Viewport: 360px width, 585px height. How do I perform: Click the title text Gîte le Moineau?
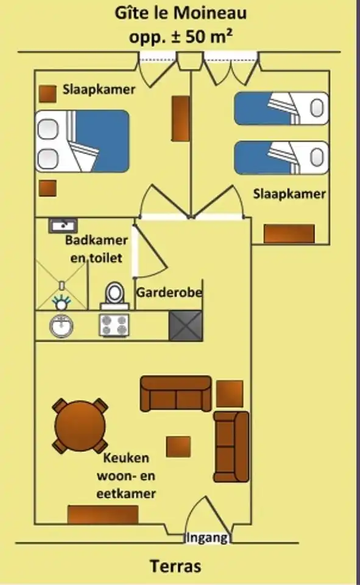coord(180,13)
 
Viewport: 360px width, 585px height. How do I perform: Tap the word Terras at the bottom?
coord(176,565)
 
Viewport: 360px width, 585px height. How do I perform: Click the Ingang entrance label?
coord(207,537)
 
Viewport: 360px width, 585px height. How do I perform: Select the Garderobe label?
coord(169,292)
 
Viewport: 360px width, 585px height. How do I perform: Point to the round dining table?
coord(80,426)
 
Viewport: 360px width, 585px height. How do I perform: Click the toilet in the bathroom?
coord(115,296)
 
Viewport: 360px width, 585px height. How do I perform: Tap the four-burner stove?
coord(114,325)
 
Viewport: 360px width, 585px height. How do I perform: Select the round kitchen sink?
coord(61,325)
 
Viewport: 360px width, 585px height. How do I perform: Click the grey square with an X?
coord(186,325)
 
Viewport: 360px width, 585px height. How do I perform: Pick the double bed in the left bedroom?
coord(82,141)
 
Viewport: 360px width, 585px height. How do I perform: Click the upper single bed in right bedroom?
coord(281,108)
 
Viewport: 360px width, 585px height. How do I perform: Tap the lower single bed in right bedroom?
coord(281,157)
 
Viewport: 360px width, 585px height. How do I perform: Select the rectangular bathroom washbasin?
coord(63,225)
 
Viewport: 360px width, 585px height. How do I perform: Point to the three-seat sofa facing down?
coord(175,394)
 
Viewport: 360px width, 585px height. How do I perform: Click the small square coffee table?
coord(178,447)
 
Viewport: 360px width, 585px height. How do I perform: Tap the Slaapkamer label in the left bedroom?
coord(99,90)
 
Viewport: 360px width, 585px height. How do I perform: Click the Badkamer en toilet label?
coord(96,249)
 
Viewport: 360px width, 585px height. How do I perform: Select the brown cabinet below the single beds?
coord(289,234)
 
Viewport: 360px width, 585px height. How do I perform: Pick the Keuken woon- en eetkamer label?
coord(126,476)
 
